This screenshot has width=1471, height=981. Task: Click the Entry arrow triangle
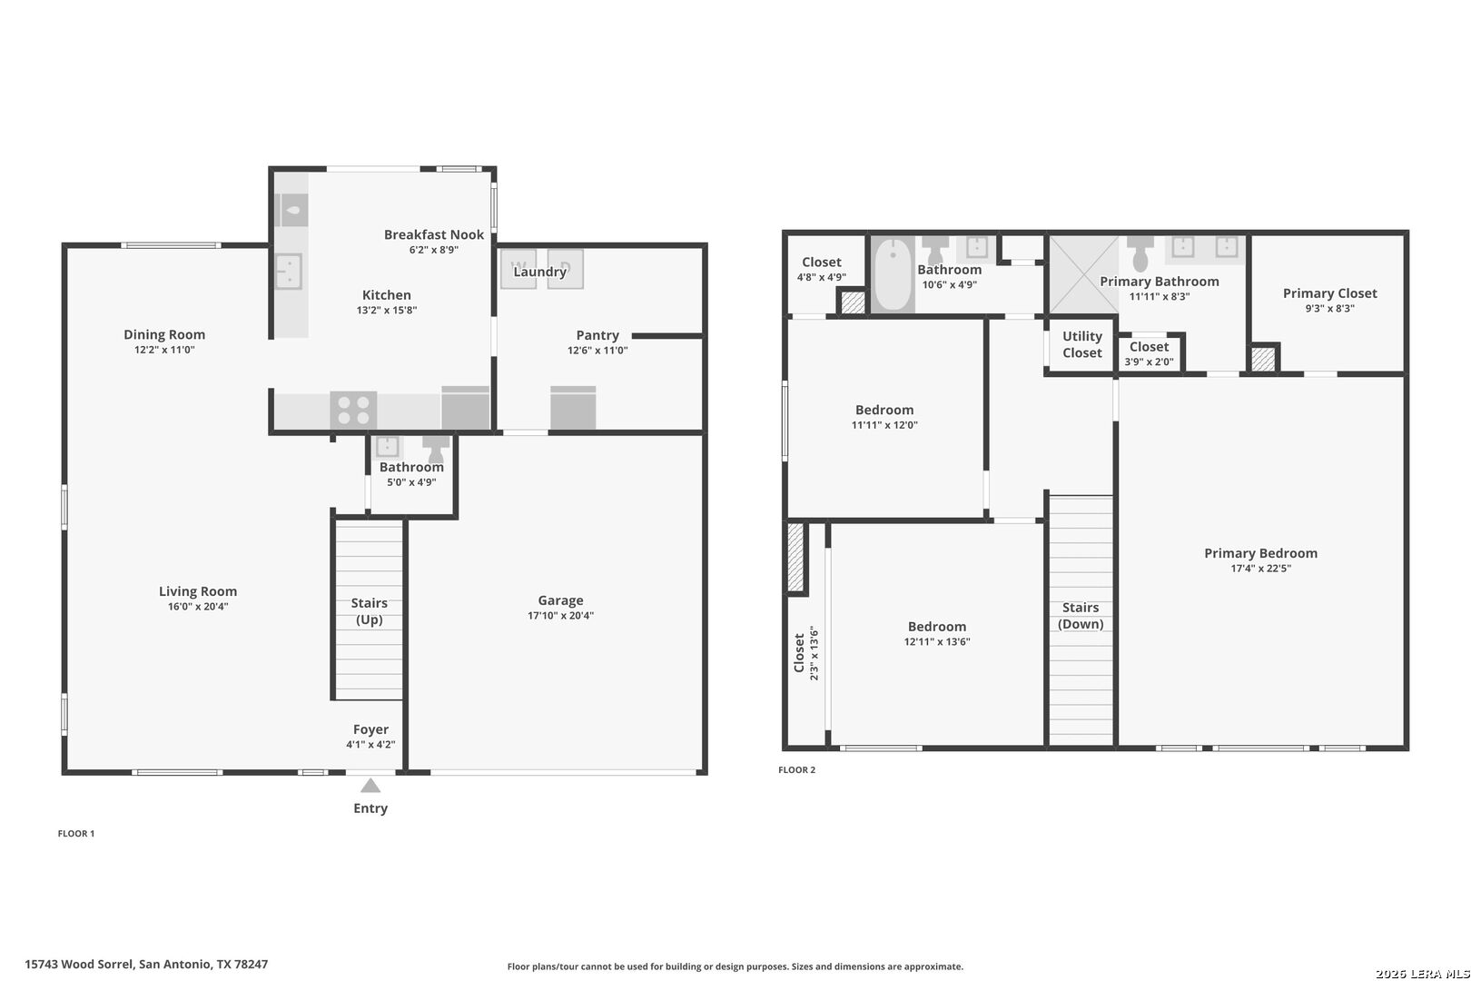tap(370, 785)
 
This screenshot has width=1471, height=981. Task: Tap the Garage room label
tap(560, 599)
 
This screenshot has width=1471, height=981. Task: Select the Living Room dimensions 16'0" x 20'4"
tap(198, 607)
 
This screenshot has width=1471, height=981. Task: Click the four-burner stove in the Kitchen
tap(353, 410)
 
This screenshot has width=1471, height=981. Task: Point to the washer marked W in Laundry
tap(518, 269)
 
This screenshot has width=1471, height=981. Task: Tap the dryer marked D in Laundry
tap(566, 269)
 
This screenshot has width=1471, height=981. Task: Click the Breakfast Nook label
tap(433, 234)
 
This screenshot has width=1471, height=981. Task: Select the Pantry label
tap(597, 335)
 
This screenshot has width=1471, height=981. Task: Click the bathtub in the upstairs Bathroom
tap(893, 274)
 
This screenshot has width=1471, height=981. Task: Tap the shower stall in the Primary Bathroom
tap(1083, 274)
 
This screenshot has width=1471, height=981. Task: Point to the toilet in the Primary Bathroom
tap(1140, 253)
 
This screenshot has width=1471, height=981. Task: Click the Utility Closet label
tap(1082, 344)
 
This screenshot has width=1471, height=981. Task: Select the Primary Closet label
tap(1330, 293)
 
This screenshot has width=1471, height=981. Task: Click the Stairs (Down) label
tap(1081, 616)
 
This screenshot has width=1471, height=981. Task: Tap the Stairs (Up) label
tap(369, 611)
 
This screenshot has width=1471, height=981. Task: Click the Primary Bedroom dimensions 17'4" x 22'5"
tap(1261, 569)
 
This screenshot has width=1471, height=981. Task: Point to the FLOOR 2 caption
tap(796, 769)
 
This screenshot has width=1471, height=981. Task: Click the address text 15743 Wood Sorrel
tap(80, 964)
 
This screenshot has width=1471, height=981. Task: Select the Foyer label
tap(370, 729)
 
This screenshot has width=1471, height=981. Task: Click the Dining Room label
tap(164, 334)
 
